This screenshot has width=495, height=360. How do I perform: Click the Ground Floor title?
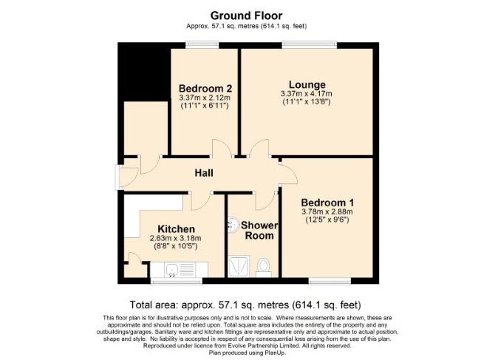coord(246,16)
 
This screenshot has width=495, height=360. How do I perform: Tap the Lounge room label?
coord(307,84)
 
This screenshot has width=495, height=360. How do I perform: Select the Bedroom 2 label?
coord(205,88)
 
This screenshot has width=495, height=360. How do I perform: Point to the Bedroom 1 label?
coord(327,203)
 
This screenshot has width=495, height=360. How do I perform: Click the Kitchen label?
coord(176,228)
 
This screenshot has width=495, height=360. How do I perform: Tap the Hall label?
coord(204,173)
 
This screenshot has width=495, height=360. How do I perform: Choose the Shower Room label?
coord(259,230)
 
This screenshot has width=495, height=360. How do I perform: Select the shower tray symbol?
coord(239,266)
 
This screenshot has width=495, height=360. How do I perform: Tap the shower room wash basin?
coord(233,225)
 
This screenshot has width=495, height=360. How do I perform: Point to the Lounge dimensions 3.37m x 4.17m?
coord(306,94)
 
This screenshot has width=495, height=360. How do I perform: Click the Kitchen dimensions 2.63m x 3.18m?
coord(176,238)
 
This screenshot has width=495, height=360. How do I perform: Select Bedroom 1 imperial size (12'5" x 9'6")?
coord(327,220)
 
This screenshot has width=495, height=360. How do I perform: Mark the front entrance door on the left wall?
coord(126,177)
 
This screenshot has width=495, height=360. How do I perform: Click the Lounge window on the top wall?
coord(310,45)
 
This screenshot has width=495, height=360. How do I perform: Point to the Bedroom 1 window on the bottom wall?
coord(330,280)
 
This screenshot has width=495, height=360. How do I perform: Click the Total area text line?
coord(245,305)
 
